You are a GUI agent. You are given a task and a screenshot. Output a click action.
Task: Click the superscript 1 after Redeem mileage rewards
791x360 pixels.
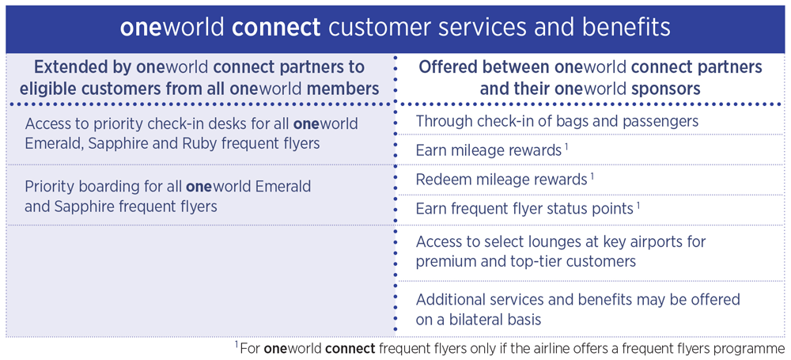[x=592, y=174]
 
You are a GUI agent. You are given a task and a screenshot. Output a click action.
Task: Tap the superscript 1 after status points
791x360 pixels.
[x=638, y=204]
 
